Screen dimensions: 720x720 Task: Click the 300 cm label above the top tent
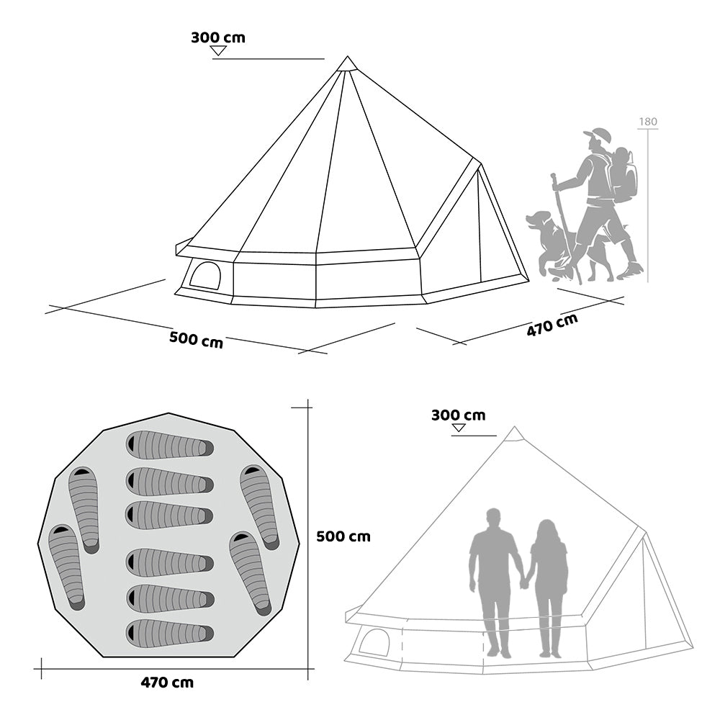click(x=218, y=37)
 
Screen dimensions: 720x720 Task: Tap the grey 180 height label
click(x=648, y=122)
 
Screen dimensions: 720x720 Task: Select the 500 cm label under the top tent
click(x=196, y=340)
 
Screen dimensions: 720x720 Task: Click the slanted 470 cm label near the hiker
click(x=552, y=325)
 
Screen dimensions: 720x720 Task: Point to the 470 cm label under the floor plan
click(x=167, y=683)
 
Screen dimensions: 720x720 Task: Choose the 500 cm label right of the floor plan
click(x=343, y=536)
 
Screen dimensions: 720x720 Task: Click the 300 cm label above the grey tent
click(x=458, y=415)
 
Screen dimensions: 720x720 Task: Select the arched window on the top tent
click(x=205, y=275)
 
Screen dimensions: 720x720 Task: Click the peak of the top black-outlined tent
click(x=348, y=56)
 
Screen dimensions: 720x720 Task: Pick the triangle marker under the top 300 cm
click(x=219, y=50)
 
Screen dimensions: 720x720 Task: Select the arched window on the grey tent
click(x=374, y=642)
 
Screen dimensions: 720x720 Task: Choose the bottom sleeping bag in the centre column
click(x=170, y=634)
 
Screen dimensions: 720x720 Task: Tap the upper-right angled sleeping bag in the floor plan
click(x=259, y=508)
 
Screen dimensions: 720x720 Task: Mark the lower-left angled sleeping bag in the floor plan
click(x=67, y=567)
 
